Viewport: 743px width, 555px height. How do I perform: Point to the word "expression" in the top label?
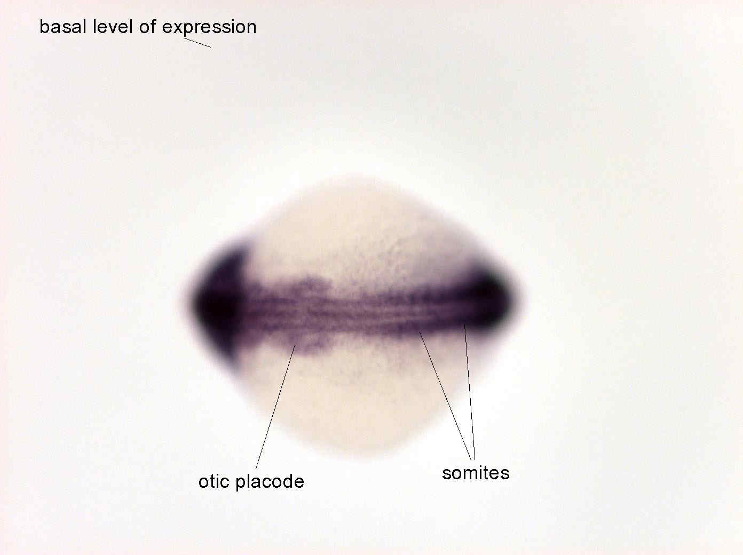click(209, 28)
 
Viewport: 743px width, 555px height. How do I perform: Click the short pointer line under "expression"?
click(197, 43)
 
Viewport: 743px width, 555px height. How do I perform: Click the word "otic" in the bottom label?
click(214, 481)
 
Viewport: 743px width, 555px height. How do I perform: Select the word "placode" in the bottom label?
click(270, 482)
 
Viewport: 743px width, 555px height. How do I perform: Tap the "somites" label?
click(476, 473)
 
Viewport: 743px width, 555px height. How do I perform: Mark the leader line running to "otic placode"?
click(275, 406)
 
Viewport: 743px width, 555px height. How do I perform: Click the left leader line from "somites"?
click(445, 395)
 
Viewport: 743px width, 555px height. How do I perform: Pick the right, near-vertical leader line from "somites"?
click(470, 392)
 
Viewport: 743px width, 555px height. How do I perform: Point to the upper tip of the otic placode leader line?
click(295, 345)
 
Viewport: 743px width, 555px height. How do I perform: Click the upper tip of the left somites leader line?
click(420, 331)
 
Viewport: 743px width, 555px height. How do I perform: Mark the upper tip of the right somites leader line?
click(464, 325)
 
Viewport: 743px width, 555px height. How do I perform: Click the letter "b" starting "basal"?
click(44, 26)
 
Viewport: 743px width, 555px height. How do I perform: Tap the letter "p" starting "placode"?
click(241, 484)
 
